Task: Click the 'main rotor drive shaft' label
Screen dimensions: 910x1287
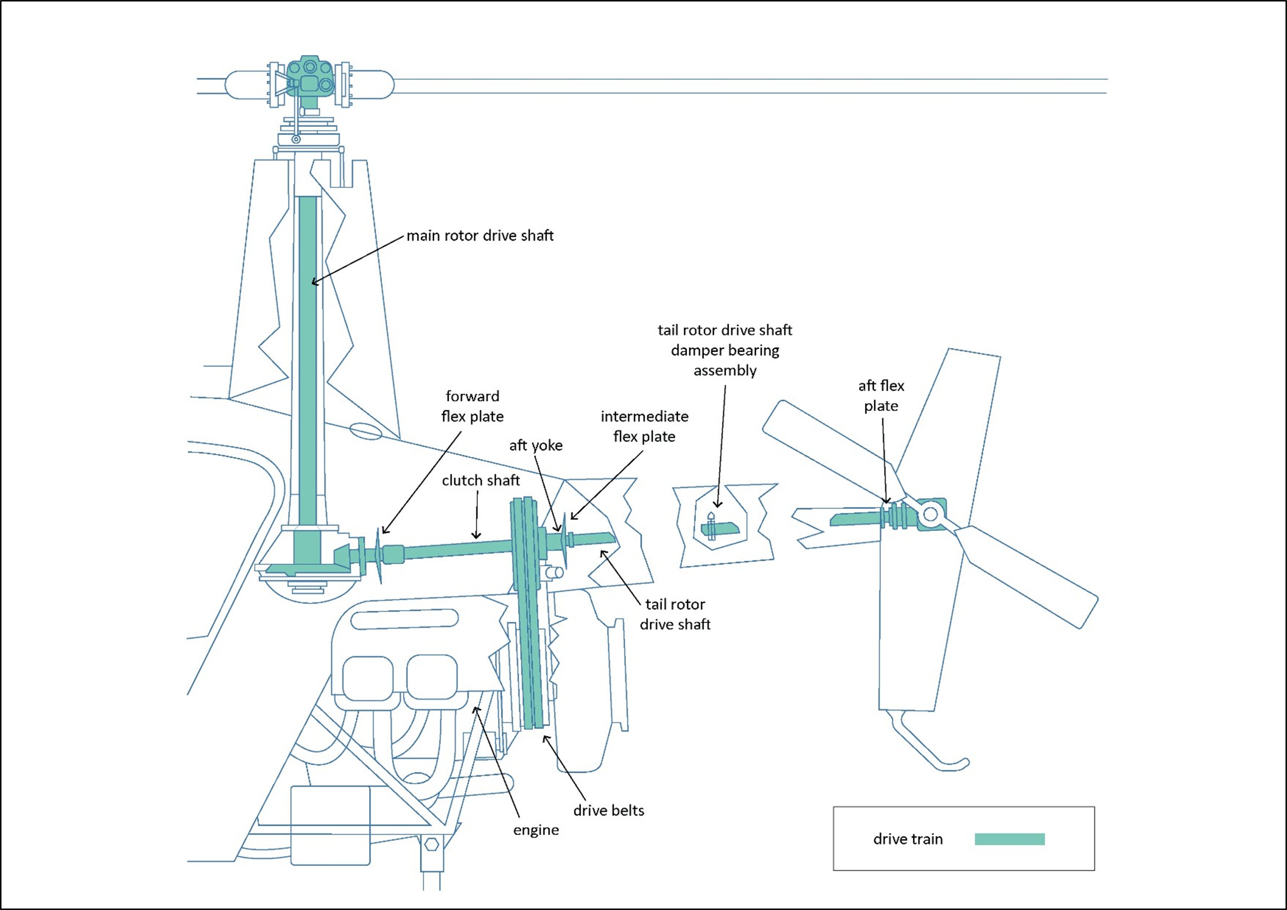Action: (x=479, y=236)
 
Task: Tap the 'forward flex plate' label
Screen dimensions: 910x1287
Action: (x=472, y=406)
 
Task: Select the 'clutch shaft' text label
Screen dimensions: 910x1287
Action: (x=481, y=481)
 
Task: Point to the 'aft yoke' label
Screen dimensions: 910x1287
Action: (x=536, y=445)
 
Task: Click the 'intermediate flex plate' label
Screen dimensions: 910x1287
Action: (x=644, y=427)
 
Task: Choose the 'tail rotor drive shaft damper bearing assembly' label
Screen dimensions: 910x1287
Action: (x=725, y=350)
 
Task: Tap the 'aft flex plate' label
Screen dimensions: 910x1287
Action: (x=881, y=396)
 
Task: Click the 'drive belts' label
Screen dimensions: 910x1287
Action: (x=609, y=811)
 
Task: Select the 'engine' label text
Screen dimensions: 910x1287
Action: (x=536, y=831)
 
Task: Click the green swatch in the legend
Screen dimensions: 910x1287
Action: (x=1010, y=839)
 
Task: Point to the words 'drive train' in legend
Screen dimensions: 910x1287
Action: (x=908, y=839)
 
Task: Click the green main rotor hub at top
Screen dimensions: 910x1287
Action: (x=310, y=78)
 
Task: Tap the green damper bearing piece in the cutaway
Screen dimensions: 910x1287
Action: (x=721, y=528)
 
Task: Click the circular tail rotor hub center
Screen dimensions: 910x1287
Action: (x=930, y=514)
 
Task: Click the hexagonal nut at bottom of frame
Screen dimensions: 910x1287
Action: (x=432, y=844)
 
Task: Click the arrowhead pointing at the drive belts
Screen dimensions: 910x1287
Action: (x=545, y=738)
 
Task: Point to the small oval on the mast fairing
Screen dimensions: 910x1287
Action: (x=366, y=432)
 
